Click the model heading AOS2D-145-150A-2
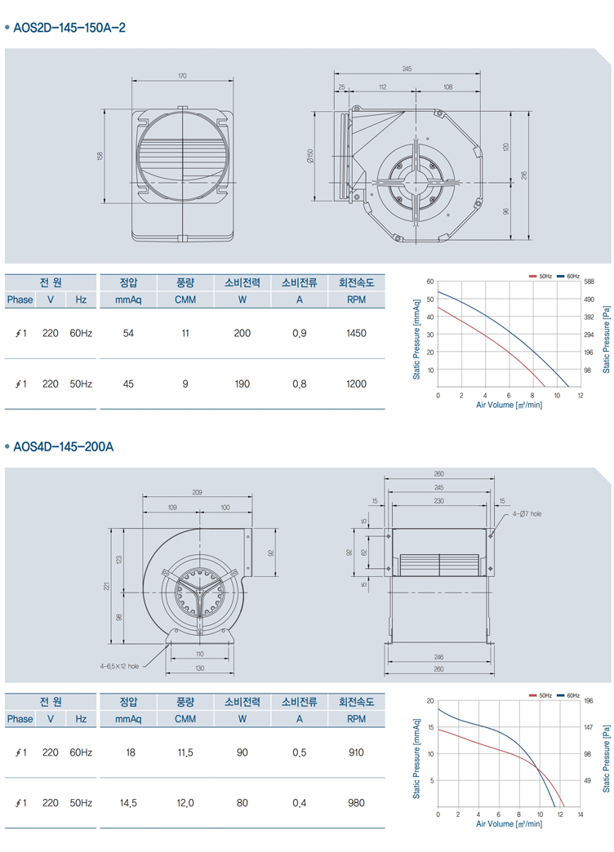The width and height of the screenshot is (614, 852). pos(69,28)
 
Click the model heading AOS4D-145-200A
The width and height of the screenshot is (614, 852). pos(63,447)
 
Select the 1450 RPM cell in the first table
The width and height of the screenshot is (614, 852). pos(356,333)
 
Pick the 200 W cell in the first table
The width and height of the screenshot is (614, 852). pos(242,333)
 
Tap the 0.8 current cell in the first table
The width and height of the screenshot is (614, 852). pos(299,384)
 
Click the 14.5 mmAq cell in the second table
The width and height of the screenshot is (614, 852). pos(128,803)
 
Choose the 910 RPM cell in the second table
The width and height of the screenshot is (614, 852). pos(356,752)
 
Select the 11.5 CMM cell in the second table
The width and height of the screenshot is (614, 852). pos(185,752)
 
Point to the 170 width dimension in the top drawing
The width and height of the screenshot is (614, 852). pos(182,76)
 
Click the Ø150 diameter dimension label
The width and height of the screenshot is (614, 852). pos(310,156)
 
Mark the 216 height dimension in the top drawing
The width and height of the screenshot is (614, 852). pos(523,175)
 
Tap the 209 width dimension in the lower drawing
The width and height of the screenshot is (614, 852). pos(197,492)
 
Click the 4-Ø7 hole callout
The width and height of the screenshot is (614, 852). pos(527,513)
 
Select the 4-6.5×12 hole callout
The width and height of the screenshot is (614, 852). pos(119,666)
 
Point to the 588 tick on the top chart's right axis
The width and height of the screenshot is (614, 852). pos(589,282)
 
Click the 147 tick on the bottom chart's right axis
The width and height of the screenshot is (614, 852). pos(588,727)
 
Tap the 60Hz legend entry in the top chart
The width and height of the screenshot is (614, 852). pos(568,277)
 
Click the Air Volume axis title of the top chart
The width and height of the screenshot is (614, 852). pos(509,405)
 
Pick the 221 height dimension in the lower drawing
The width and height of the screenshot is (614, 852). pos(107,586)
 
